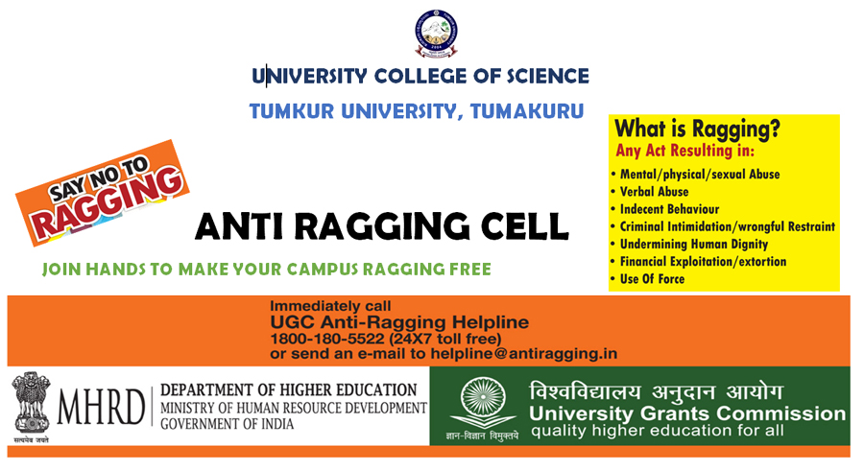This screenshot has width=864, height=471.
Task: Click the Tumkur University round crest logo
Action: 436,34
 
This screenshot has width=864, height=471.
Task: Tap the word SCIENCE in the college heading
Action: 548,76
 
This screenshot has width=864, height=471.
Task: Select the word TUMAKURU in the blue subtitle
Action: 527,110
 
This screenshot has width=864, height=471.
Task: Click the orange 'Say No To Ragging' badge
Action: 103,192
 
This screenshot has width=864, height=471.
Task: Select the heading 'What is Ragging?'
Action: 698,130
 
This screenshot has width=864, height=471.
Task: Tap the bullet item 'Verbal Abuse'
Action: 654,192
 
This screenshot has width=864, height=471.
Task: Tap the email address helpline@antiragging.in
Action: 524,354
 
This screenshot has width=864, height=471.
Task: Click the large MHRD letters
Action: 101,407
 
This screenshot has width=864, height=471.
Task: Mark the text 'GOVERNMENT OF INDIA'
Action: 227,424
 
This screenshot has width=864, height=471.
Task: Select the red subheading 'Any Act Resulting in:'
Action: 684,151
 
